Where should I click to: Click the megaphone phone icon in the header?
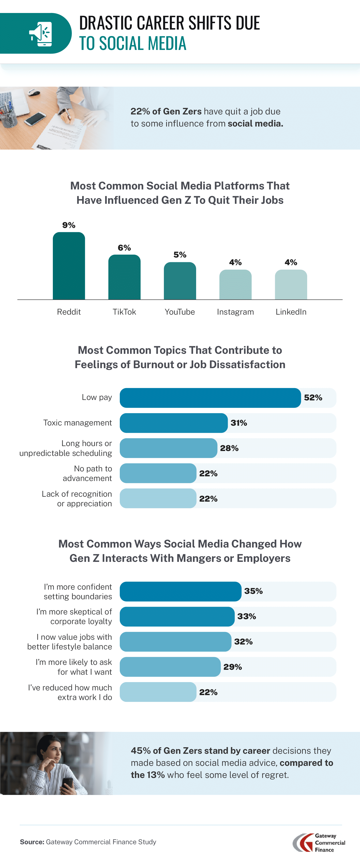pyautogui.click(x=41, y=34)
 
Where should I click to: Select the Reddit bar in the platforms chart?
pyautogui.click(x=69, y=266)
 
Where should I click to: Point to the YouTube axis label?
pyautogui.click(x=180, y=312)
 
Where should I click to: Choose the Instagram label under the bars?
pyautogui.click(x=235, y=312)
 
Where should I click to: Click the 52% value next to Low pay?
pyautogui.click(x=313, y=397)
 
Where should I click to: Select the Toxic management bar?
pyautogui.click(x=173, y=423)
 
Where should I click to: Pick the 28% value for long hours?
pyautogui.click(x=229, y=448)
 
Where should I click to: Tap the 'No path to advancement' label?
pyautogui.click(x=87, y=473)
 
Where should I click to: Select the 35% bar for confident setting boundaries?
pyautogui.click(x=180, y=591)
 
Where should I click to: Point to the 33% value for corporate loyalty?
pyautogui.click(x=247, y=616)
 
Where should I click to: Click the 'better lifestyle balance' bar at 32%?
pyautogui.click(x=175, y=642)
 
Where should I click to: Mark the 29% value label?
pyautogui.click(x=233, y=667)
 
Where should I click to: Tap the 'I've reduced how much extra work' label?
pyautogui.click(x=70, y=692)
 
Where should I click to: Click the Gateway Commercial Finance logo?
pyautogui.click(x=318, y=843)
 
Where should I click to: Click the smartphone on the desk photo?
pyautogui.click(x=35, y=119)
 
